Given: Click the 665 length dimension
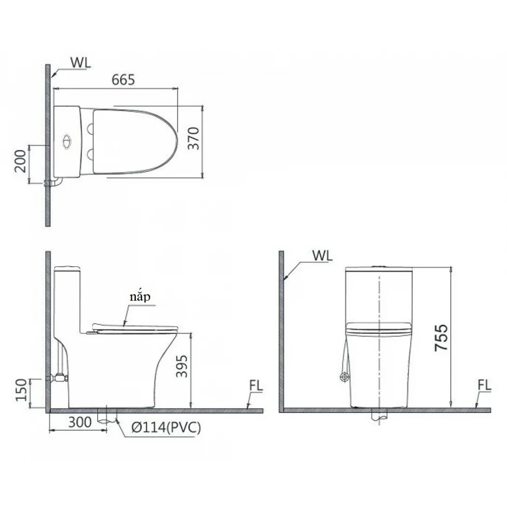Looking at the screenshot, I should pos(123,80).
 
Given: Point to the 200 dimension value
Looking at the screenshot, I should pos(20,161).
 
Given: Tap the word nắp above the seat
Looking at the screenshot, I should pos(141,298).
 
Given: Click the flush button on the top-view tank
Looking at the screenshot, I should pos(67,140).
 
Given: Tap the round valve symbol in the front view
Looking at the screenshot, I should pos(345,377).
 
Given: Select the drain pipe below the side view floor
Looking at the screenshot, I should pos(107,417).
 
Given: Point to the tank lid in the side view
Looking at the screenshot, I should pos(68,268).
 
